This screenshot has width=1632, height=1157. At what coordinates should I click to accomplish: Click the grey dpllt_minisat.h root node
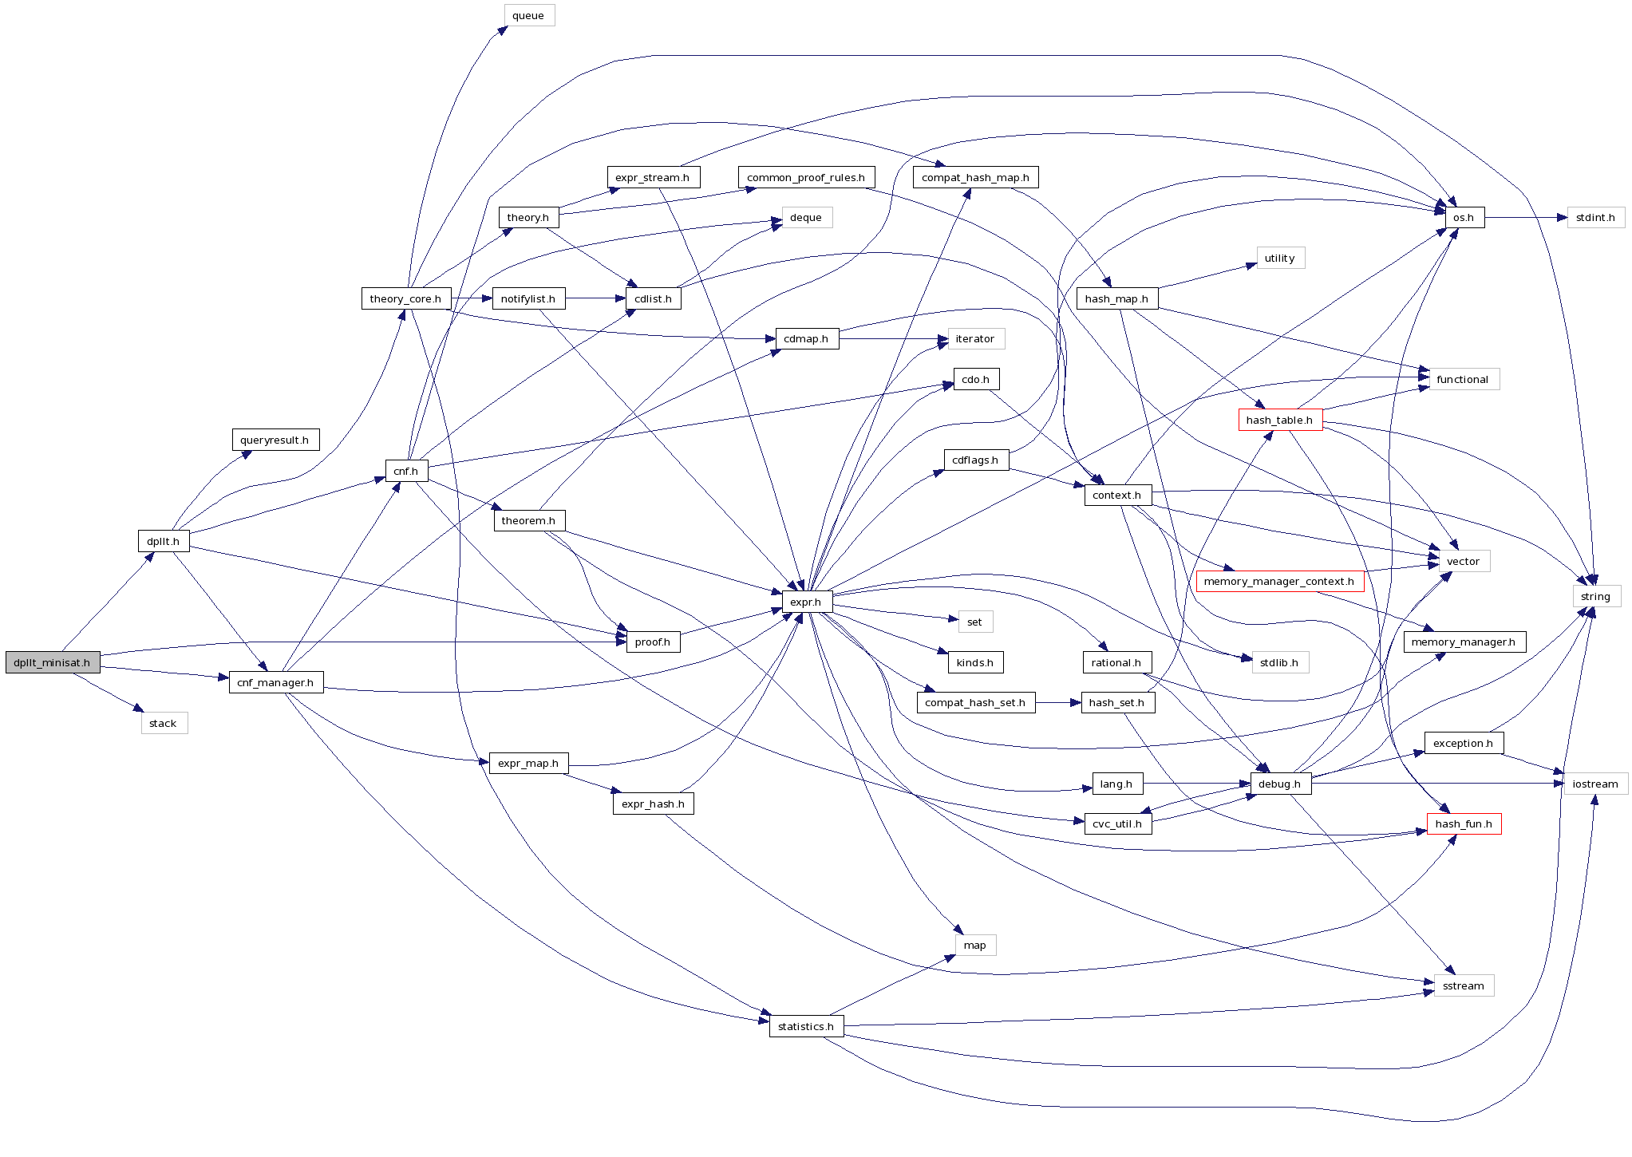pyautogui.click(x=52, y=662)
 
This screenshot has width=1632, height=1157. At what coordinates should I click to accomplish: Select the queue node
pyautogui.click(x=528, y=15)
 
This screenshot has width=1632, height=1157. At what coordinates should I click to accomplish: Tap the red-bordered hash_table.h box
pyautogui.click(x=1279, y=420)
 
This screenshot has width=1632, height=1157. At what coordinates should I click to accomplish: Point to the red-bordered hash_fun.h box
pyautogui.click(x=1463, y=823)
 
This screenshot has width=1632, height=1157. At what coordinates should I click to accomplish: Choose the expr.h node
pyautogui.click(x=806, y=602)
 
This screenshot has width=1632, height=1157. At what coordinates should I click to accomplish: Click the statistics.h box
pyautogui.click(x=805, y=1026)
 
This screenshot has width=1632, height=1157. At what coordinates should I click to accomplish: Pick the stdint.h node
pyautogui.click(x=1595, y=217)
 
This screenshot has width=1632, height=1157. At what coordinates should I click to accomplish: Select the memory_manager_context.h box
pyautogui.click(x=1278, y=581)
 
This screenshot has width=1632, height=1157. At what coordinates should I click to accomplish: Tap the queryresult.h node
pyautogui.click(x=275, y=440)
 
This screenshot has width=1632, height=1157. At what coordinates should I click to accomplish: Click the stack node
pyautogui.click(x=164, y=723)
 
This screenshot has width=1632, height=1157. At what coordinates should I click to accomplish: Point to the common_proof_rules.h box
pyautogui.click(x=805, y=177)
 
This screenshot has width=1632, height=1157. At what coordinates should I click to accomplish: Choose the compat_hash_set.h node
pyautogui.click(x=974, y=702)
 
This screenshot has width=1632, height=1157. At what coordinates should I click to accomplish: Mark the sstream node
pyautogui.click(x=1463, y=985)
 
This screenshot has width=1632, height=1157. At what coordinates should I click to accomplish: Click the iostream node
pyautogui.click(x=1594, y=784)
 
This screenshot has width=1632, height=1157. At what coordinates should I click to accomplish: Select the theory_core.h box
pyautogui.click(x=405, y=298)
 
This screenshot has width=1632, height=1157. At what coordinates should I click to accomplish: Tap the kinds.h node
pyautogui.click(x=974, y=662)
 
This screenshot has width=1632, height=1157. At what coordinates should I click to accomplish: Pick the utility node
pyautogui.click(x=1279, y=258)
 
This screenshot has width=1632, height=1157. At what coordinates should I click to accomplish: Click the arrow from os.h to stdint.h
pyautogui.click(x=1524, y=217)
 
